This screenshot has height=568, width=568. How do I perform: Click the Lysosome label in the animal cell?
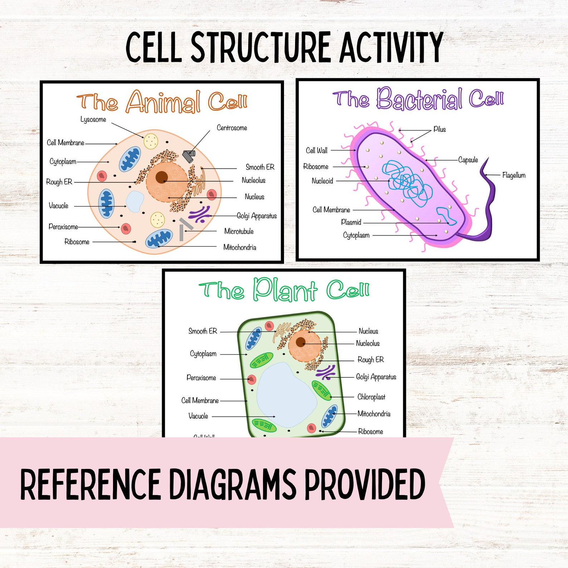[x=93, y=119]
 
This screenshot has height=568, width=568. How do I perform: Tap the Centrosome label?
[x=232, y=128]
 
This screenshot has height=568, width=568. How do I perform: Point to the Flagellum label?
[x=514, y=175]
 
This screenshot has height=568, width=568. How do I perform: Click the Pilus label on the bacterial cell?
[x=440, y=129]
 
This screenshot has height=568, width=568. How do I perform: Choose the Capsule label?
[x=468, y=160]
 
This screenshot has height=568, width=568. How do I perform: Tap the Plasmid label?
[x=351, y=222]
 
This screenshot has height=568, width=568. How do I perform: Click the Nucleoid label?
[x=322, y=181]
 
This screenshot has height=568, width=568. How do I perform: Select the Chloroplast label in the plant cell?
[x=371, y=397]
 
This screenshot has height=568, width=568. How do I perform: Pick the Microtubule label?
[x=239, y=231]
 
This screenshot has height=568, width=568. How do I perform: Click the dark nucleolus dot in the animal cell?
[x=162, y=177]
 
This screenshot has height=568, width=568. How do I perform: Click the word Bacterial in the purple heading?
[x=418, y=99]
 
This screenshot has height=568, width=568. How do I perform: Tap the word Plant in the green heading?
[x=285, y=290]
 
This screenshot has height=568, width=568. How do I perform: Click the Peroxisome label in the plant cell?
[x=201, y=378]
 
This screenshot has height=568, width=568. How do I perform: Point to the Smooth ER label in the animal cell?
[x=260, y=167]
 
